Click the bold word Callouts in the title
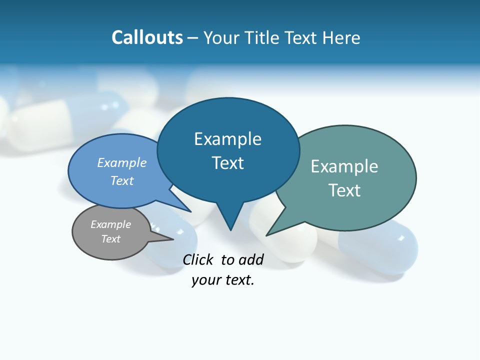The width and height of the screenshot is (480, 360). (x=147, y=37)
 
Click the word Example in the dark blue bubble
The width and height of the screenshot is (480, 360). (x=227, y=139)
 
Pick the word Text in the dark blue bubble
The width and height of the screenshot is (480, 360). (x=227, y=163)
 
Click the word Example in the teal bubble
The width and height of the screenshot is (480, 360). (x=344, y=166)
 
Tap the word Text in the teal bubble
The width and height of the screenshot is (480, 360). (x=344, y=190)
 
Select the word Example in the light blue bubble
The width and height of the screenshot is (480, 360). (x=121, y=162)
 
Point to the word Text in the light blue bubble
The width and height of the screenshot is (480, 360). (x=121, y=180)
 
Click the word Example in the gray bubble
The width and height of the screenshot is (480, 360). (x=110, y=224)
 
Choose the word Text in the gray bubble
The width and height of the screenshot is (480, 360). (x=110, y=239)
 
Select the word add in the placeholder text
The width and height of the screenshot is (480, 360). (x=250, y=259)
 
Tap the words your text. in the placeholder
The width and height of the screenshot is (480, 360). (x=223, y=280)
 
